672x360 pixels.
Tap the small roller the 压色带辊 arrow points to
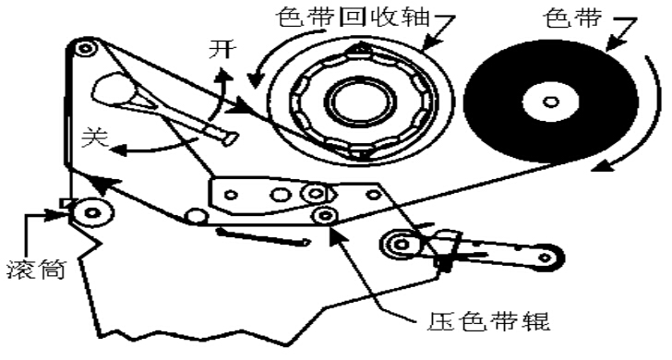[x=324, y=215]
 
